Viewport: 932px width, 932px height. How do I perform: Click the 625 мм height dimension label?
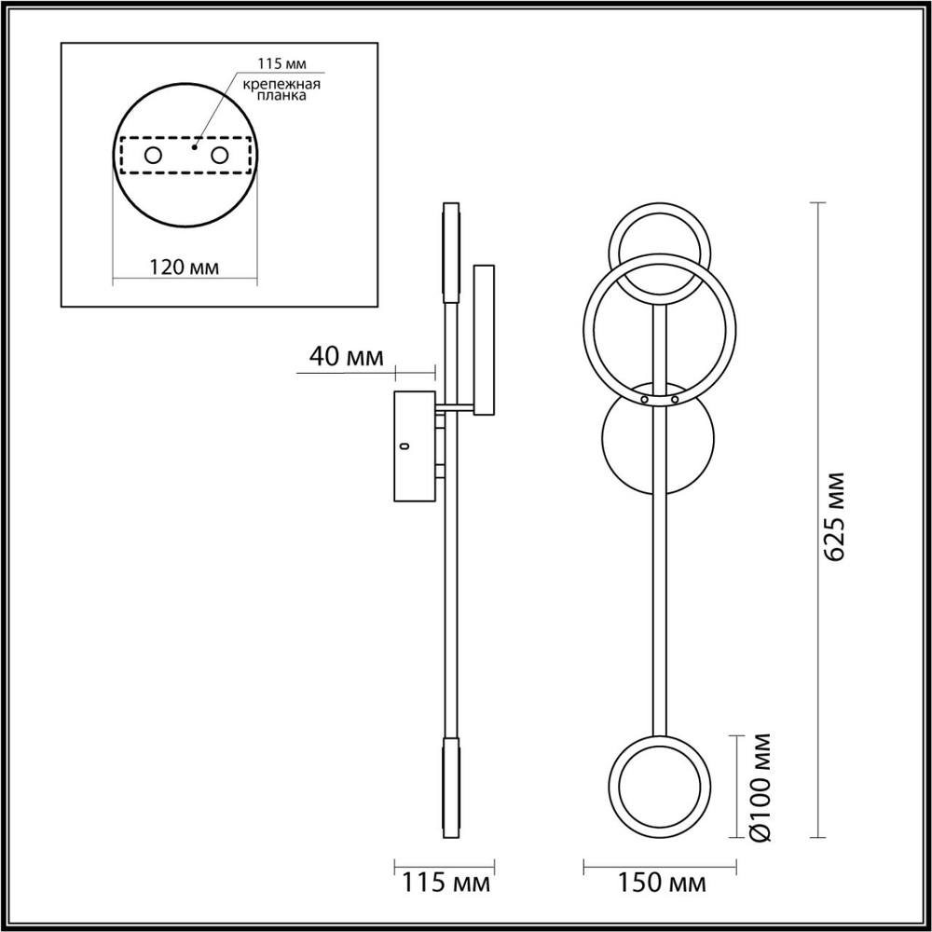(x=836, y=517)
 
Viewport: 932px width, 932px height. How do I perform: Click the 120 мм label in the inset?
(x=184, y=267)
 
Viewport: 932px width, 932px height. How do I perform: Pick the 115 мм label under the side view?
(x=443, y=882)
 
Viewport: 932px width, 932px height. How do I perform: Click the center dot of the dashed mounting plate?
(x=195, y=145)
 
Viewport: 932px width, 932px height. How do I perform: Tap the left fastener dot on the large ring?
(x=644, y=398)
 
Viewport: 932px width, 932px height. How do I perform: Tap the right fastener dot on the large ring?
(x=675, y=398)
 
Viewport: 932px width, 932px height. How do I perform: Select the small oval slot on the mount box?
(x=404, y=447)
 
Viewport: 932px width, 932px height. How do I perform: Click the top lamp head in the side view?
(x=451, y=252)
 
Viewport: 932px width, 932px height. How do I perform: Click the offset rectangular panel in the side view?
(x=486, y=340)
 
